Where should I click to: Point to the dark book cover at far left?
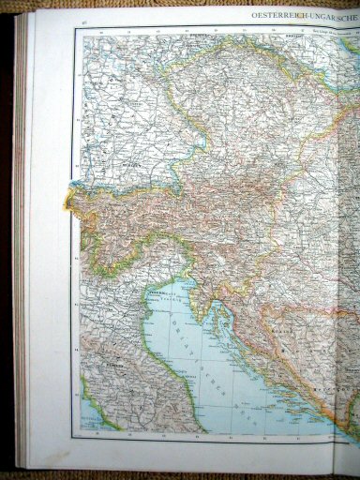(x=6, y=234)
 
